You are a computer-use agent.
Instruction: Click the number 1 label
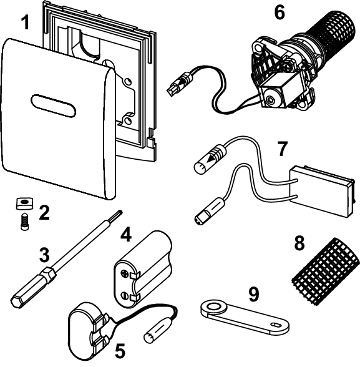25,22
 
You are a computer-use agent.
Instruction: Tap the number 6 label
280,12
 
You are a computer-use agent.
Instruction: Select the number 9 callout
254,294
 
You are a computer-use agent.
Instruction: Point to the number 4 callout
126,233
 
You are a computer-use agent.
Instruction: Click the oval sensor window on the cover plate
53,106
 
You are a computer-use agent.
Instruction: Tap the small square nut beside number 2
24,203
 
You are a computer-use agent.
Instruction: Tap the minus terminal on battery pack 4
124,295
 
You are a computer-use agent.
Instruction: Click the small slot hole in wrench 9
276,325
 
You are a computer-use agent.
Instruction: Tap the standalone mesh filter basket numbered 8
326,272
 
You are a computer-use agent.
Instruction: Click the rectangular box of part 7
322,192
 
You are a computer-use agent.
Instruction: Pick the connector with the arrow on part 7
210,159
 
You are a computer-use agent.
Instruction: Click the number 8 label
300,243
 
